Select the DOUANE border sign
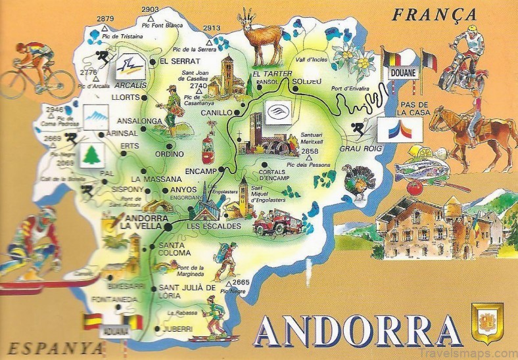click(402, 73)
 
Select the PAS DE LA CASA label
click(413, 109)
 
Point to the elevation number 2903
click(150, 9)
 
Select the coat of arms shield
click(487, 323)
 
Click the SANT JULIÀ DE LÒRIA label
click(187, 292)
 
